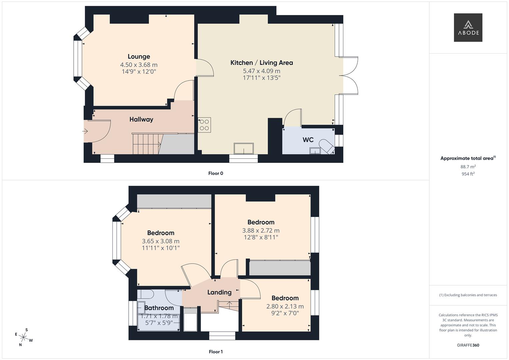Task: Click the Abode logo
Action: click(468, 27)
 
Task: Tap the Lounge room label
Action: click(139, 57)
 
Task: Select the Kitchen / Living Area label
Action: click(261, 63)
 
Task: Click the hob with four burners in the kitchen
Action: click(204, 125)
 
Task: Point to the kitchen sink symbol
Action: click(244, 148)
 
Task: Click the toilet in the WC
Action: click(326, 147)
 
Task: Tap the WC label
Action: click(308, 140)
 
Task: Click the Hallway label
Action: click(141, 119)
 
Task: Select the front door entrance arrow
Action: click(85, 131)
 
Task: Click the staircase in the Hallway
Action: click(147, 144)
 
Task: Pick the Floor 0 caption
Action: click(215, 173)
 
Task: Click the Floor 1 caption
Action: click(215, 352)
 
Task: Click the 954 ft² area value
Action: click(468, 174)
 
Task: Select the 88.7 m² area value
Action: click(468, 167)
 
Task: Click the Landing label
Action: click(219, 292)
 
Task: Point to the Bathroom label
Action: click(159, 308)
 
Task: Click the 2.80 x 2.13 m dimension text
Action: click(285, 306)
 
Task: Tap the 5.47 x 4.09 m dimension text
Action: click(261, 71)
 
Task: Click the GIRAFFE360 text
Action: click(468, 345)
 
